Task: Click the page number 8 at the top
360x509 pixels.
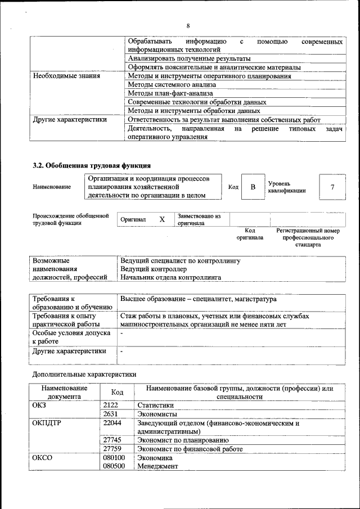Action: pos(188,25)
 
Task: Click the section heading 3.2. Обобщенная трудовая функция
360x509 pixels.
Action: pos(91,165)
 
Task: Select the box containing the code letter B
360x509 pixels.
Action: pos(253,187)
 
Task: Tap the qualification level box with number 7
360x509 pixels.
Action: pos(332,187)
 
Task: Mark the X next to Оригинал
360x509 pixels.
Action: pos(161,219)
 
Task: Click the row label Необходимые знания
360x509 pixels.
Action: pos(66,76)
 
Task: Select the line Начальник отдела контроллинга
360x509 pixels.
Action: pos(170,277)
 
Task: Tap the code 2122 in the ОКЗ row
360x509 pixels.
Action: pos(111,404)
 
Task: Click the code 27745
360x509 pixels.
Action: pos(112,440)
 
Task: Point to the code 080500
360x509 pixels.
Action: pos(114,466)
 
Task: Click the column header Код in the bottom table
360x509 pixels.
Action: pos(117,392)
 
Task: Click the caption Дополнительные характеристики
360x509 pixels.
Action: pos(84,374)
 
